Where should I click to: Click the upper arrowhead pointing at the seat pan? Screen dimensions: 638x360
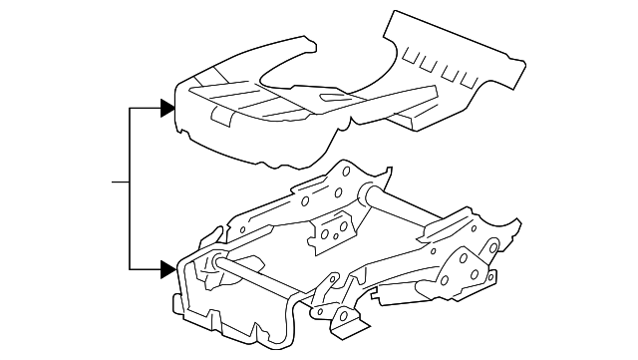tap(167, 105)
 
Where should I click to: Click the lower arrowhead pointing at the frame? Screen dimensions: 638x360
tap(167, 267)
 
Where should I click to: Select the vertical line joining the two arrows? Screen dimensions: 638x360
tap(131, 185)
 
